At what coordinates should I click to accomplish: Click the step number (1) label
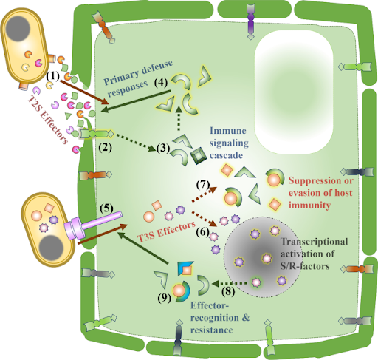coord(52,76)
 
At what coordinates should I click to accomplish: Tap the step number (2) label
coord(105,148)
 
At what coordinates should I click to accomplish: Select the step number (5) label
coord(106,208)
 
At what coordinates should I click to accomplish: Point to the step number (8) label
coord(228,291)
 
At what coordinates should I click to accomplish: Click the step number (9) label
coord(164,299)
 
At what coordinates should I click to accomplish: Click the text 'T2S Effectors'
coord(48,120)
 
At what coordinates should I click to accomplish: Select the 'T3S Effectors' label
coord(166,231)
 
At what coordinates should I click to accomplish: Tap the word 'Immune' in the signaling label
coord(227,131)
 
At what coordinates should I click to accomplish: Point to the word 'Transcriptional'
coord(315,242)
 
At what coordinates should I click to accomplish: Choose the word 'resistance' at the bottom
coord(212,330)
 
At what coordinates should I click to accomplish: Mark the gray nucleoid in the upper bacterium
coord(18,29)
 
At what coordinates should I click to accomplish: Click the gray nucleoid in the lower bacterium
coord(51,248)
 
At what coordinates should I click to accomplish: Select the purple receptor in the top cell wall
coord(250,21)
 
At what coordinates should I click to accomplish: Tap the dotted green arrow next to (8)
coord(230,284)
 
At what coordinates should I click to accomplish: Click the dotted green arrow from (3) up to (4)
coord(179,118)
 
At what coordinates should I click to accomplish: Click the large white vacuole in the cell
coord(294,92)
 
